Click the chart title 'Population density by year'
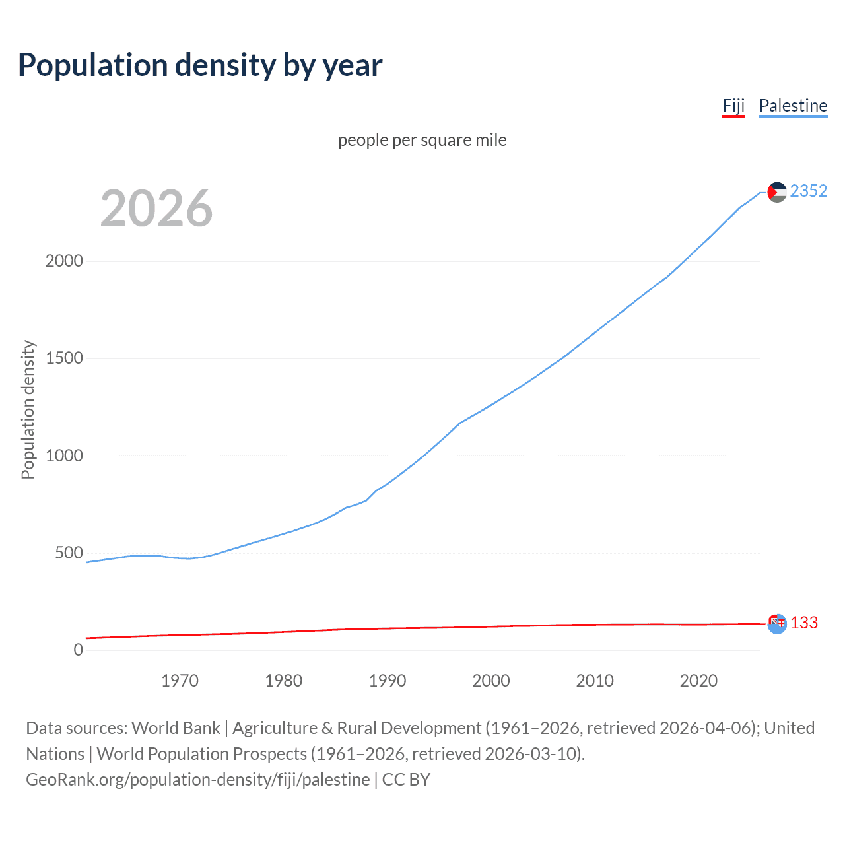coord(200,65)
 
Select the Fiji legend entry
coord(733,106)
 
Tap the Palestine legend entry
coord(793,106)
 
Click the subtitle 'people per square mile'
coord(422,140)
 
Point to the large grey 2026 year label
coord(156,209)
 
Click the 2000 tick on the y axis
coord(64,261)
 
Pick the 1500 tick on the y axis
coord(64,358)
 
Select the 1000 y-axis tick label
coord(64,456)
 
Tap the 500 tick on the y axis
coord(69,553)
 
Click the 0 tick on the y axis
coord(79,650)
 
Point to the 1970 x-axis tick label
coord(180,681)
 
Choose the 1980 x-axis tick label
coord(283,681)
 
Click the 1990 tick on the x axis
coord(388,681)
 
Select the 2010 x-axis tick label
coord(595,681)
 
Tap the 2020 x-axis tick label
coord(698,681)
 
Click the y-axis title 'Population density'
coord(28,409)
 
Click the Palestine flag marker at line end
coord(777,192)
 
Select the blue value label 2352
coord(808,191)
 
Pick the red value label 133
coord(804,623)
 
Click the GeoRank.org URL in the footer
coord(197,780)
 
